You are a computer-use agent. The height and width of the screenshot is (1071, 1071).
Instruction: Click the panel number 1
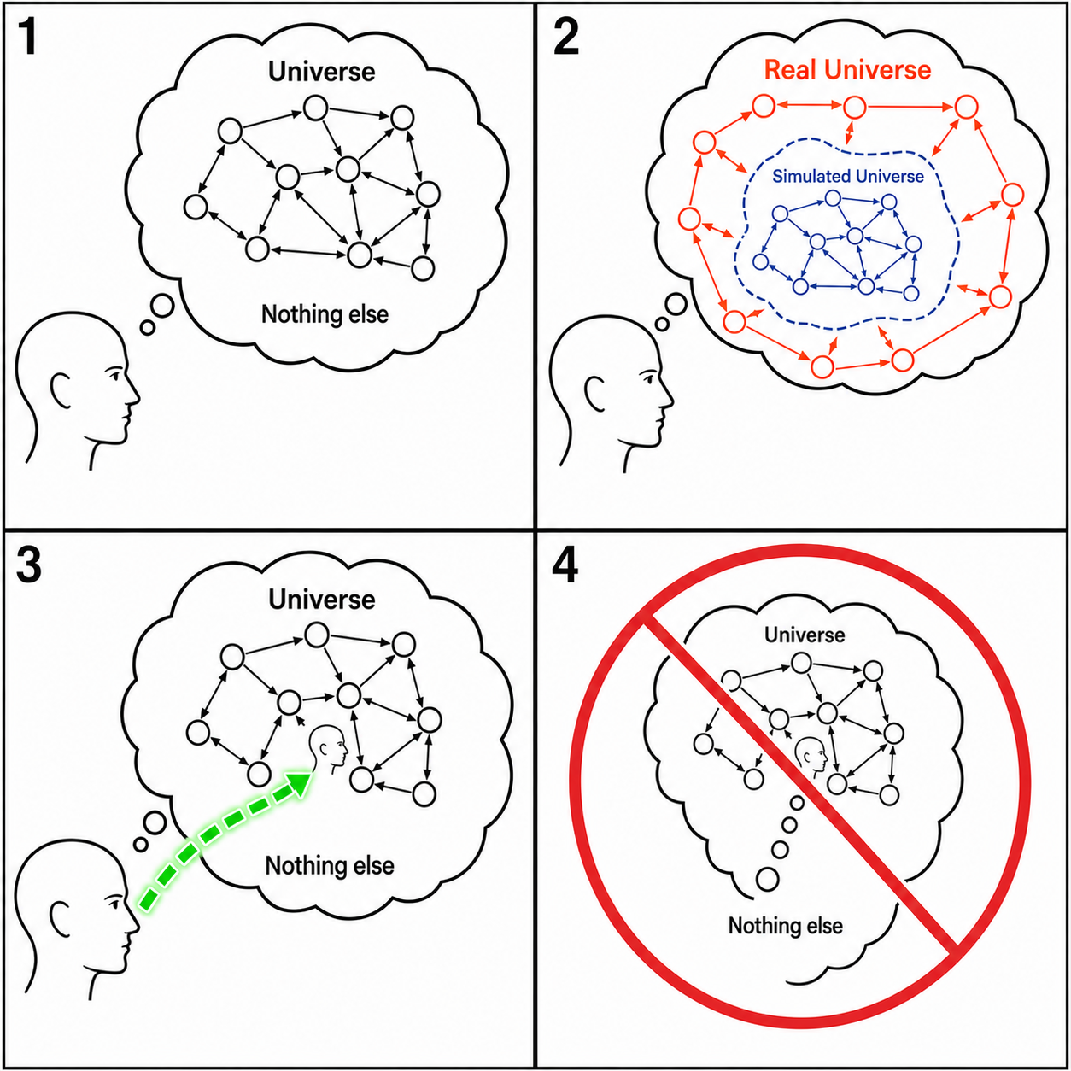click(28, 38)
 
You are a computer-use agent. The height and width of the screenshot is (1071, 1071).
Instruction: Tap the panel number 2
click(565, 38)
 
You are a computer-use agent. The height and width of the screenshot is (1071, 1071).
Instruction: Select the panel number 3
click(28, 565)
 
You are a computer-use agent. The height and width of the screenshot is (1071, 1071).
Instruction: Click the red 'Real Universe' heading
click(847, 70)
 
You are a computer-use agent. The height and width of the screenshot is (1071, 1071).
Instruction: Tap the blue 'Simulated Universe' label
click(848, 176)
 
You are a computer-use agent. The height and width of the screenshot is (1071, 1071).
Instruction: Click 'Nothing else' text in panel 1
click(325, 314)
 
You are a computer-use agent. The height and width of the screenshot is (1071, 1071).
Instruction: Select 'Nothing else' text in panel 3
click(330, 865)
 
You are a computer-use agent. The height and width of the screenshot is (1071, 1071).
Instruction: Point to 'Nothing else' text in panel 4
click(786, 926)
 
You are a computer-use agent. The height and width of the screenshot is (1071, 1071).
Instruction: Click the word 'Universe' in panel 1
click(322, 72)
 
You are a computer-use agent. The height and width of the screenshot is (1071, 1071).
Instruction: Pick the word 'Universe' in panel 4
click(805, 635)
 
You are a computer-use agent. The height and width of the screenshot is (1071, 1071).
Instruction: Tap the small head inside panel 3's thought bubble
click(329, 749)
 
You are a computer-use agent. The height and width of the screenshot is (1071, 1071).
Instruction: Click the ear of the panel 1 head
click(60, 390)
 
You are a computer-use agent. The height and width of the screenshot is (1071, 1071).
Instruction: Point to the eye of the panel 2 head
click(650, 379)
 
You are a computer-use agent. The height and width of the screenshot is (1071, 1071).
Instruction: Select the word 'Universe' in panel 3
click(322, 600)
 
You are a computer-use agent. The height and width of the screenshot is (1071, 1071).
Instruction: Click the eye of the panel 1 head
click(115, 375)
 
